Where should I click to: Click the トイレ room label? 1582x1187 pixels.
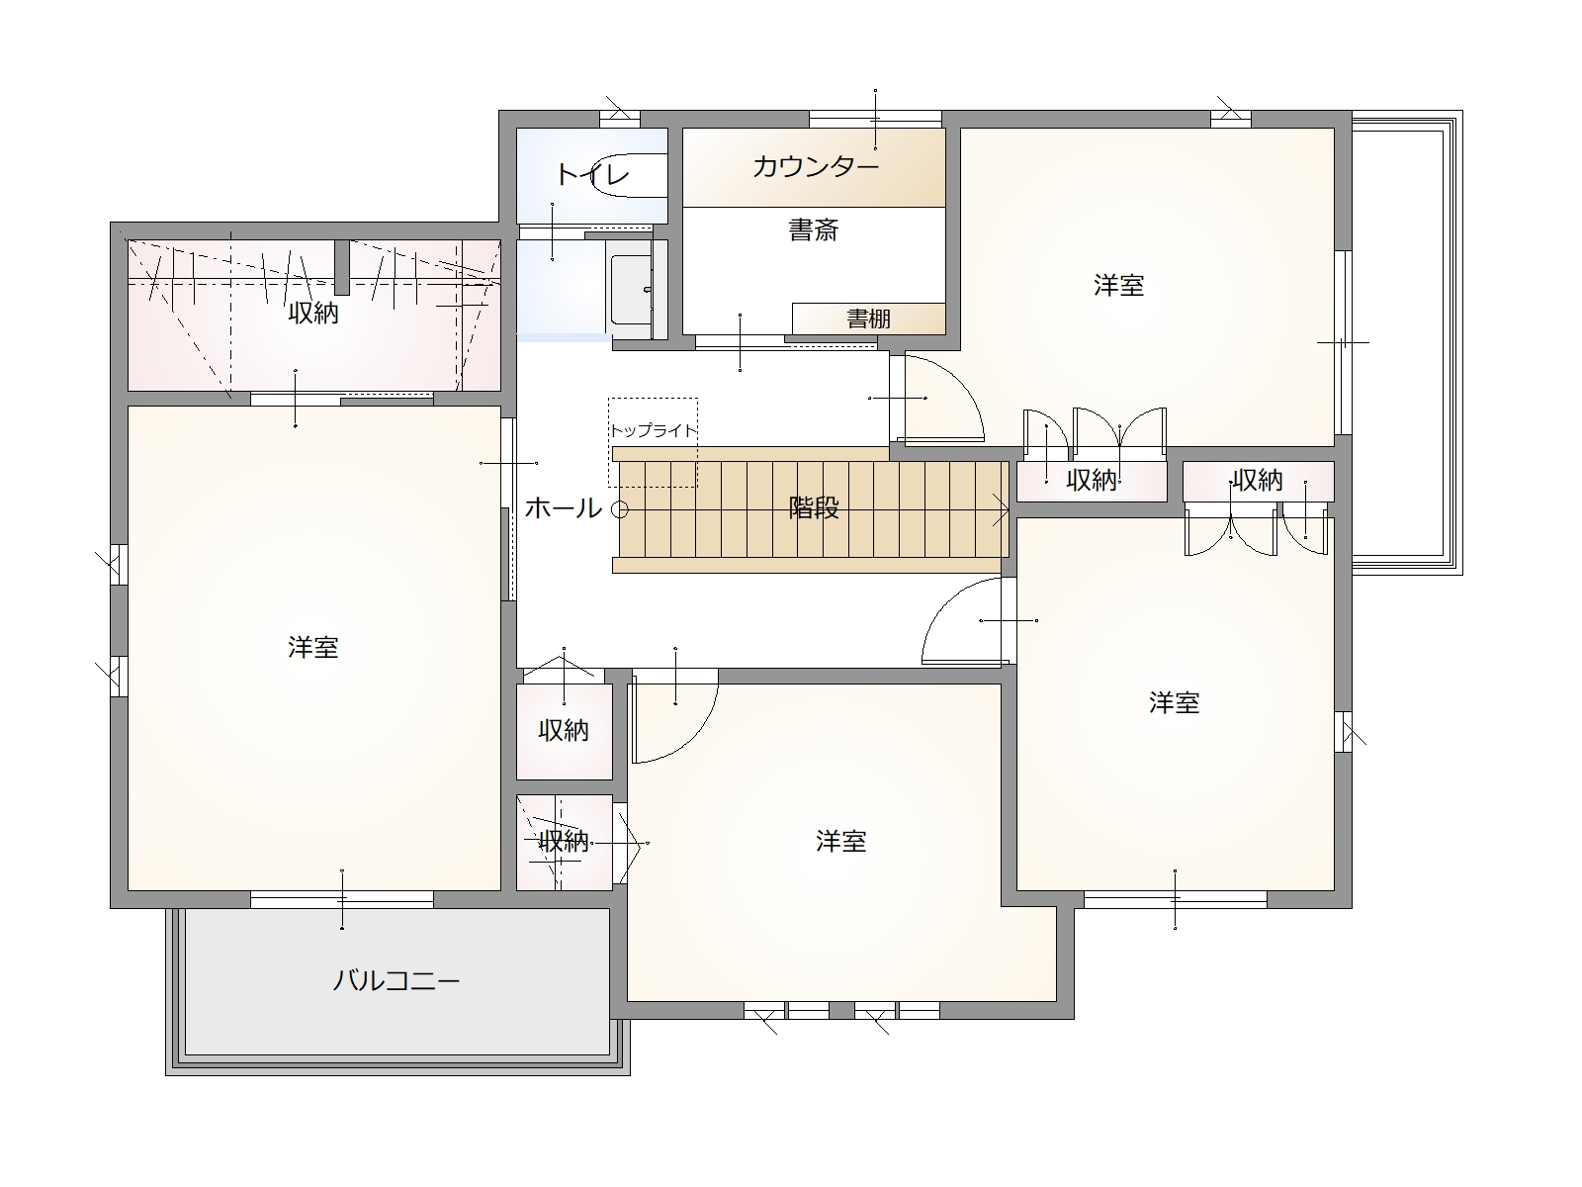coord(592,174)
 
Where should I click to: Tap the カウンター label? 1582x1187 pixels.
coord(815,167)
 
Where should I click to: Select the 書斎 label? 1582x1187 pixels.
coord(814,229)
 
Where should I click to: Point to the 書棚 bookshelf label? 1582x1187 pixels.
coord(868,319)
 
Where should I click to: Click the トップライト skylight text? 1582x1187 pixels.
coord(654,431)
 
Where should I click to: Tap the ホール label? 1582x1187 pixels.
coord(563,508)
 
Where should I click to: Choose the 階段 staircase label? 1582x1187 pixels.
coord(814,508)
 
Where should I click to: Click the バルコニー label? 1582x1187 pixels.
coord(395,981)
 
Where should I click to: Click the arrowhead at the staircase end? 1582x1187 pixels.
coord(1001,509)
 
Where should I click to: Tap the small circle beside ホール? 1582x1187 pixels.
coord(620,509)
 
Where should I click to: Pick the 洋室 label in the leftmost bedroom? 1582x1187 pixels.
coord(312,647)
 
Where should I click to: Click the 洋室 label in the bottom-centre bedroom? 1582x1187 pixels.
coord(841,841)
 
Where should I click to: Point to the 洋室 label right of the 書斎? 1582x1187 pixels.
coord(1118,286)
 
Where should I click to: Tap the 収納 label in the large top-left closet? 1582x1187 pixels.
coord(312,313)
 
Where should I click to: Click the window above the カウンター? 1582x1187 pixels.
coord(875,119)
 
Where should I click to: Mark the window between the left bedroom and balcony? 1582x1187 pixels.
coord(342,899)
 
